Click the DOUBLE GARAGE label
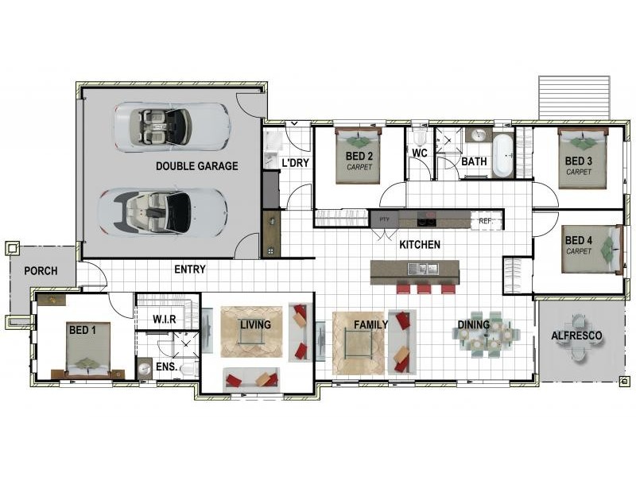196,166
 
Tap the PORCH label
41,271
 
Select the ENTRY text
190,270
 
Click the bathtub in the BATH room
503,155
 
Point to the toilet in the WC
419,138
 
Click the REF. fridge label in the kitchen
486,221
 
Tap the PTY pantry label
384,219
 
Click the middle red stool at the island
424,288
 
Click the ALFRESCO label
576,335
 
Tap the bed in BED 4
592,249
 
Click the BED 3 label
579,161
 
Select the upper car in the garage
172,127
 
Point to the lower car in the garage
162,211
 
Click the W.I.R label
165,320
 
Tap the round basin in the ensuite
145,369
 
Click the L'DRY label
295,163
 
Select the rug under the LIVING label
251,332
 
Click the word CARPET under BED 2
359,167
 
